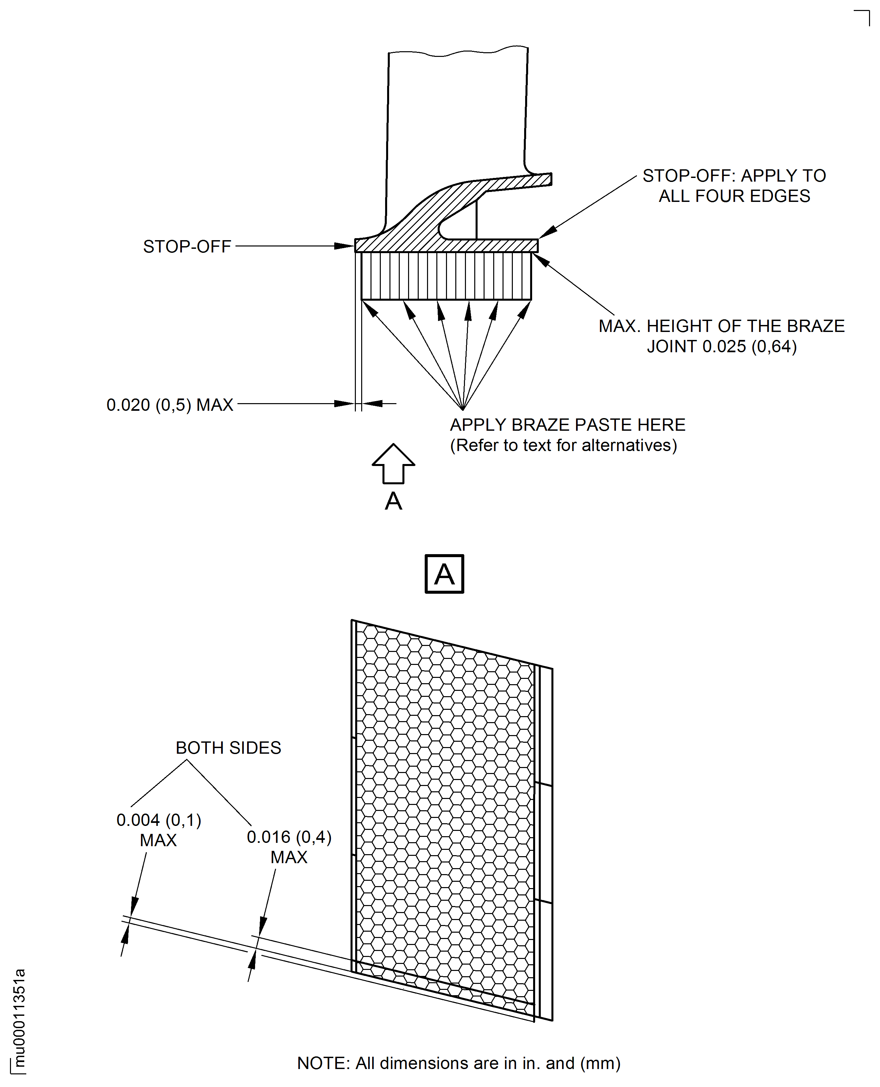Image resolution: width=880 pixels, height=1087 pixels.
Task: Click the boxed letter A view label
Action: coord(444,574)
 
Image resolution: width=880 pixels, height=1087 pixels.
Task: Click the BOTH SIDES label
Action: coord(228,748)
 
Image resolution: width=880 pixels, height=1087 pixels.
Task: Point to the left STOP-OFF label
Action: coord(187,246)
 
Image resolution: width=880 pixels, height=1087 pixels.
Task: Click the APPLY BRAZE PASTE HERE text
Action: coord(567,424)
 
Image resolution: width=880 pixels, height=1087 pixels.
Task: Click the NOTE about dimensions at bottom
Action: coord(458,1063)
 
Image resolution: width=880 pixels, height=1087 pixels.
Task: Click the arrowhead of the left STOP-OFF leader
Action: coord(346,246)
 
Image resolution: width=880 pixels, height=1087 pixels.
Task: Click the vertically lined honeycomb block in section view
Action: coord(446,276)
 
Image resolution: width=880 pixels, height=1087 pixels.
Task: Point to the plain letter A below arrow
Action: coord(393,501)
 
